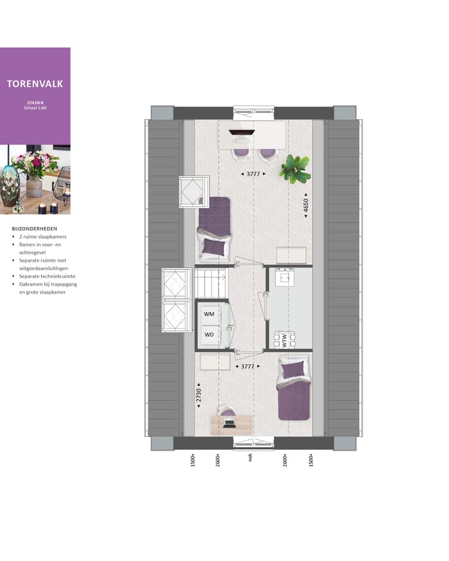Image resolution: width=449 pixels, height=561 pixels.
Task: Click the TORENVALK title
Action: pos(35,83)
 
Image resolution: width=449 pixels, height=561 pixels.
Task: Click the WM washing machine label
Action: pos(209,314)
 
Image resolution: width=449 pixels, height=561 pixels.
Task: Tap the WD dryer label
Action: pos(209,335)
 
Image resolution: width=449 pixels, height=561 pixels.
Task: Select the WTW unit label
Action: pos(284,341)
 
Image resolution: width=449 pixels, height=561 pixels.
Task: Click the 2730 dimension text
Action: pos(199,395)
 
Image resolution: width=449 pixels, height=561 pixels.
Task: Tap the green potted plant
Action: pos(294,169)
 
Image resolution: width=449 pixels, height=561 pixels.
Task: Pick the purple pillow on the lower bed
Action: pos(292,371)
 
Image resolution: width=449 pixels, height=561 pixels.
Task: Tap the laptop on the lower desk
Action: pos(229,423)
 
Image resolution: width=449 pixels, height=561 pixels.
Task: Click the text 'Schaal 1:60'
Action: pos(35,107)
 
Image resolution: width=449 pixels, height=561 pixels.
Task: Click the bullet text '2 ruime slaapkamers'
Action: pos(43,237)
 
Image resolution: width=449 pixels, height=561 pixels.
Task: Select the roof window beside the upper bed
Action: pos(193,191)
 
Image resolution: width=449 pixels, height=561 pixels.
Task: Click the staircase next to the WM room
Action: pos(211,284)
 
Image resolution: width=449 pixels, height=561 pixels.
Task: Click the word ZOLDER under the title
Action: pos(35,102)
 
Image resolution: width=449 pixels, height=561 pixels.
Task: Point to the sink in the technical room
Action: pos(288,277)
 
